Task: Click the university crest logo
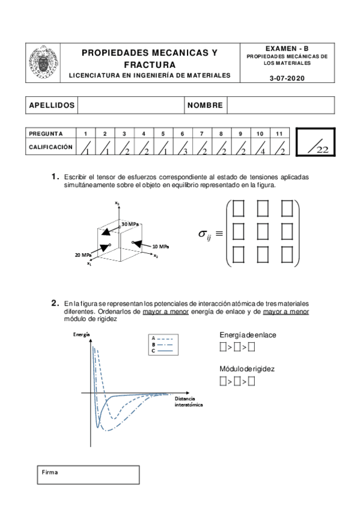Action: [x=43, y=63]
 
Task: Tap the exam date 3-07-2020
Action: [x=287, y=78]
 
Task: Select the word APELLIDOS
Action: [x=52, y=105]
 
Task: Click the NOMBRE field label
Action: [x=205, y=105]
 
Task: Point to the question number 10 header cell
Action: [x=260, y=134]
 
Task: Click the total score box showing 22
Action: [x=316, y=142]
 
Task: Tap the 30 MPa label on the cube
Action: [x=130, y=224]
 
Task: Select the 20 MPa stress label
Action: [x=83, y=255]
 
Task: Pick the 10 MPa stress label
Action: [x=160, y=247]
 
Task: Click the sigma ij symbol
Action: [x=205, y=235]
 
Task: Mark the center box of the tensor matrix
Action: [x=263, y=232]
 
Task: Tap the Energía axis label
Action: [x=82, y=334]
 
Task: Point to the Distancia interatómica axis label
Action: [x=189, y=402]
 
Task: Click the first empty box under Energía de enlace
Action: [x=223, y=347]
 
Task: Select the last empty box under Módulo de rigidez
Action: [x=251, y=381]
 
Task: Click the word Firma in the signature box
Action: [x=50, y=472]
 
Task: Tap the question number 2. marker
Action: [x=55, y=303]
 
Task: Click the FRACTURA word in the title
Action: [x=150, y=65]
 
